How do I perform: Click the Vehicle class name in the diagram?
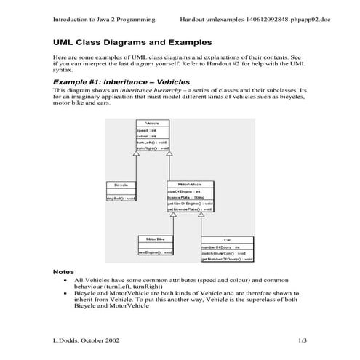pyautogui.click(x=152, y=124)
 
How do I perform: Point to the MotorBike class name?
pyautogui.click(x=155, y=239)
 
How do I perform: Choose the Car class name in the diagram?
pyautogui.click(x=227, y=239)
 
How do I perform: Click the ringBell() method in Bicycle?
pyautogui.click(x=121, y=198)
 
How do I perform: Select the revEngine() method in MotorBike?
pyautogui.click(x=155, y=252)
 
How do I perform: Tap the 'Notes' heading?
pyautogui.click(x=65, y=271)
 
